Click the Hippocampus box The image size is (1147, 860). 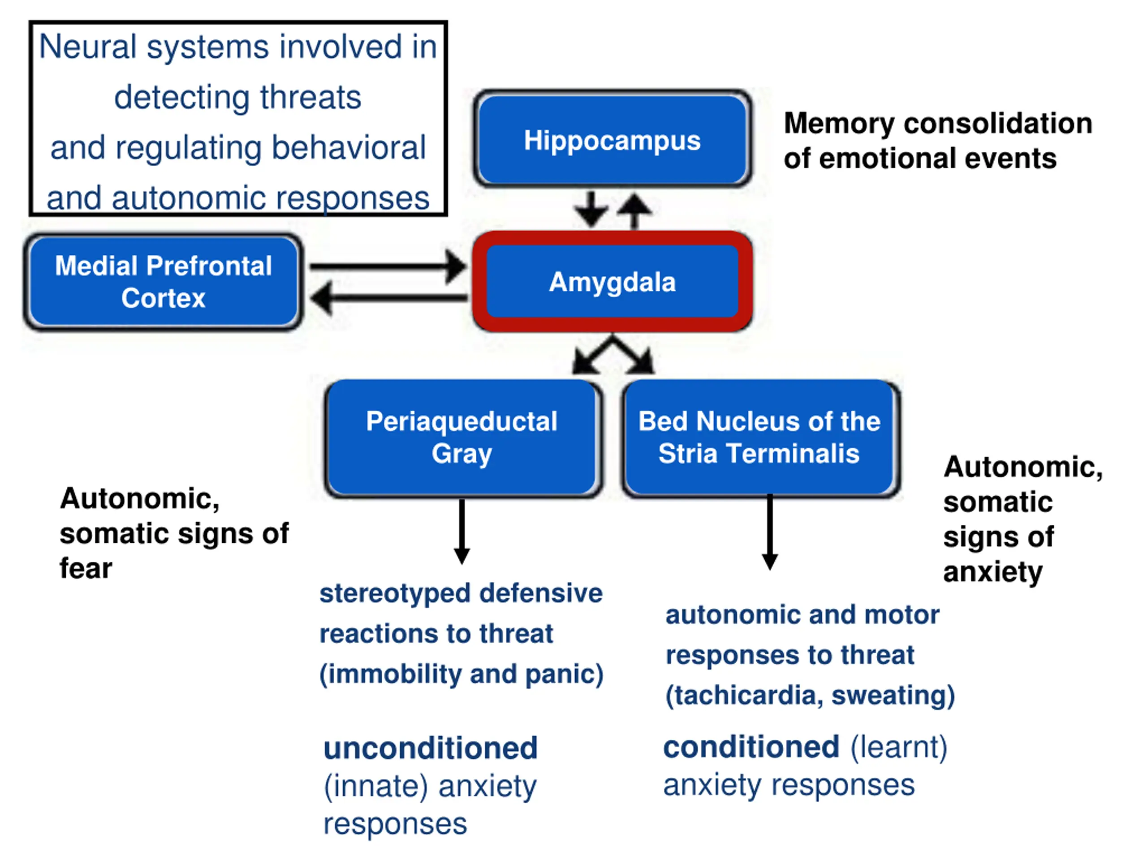(612, 140)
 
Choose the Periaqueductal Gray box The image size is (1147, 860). (461, 438)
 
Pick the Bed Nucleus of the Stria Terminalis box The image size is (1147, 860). (759, 438)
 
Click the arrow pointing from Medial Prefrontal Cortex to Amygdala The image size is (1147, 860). (386, 267)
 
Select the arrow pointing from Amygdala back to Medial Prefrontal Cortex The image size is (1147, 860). (389, 298)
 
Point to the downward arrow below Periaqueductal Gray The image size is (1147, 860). (461, 531)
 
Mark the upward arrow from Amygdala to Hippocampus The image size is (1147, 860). (634, 210)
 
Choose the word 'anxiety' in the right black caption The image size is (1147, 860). (992, 572)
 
